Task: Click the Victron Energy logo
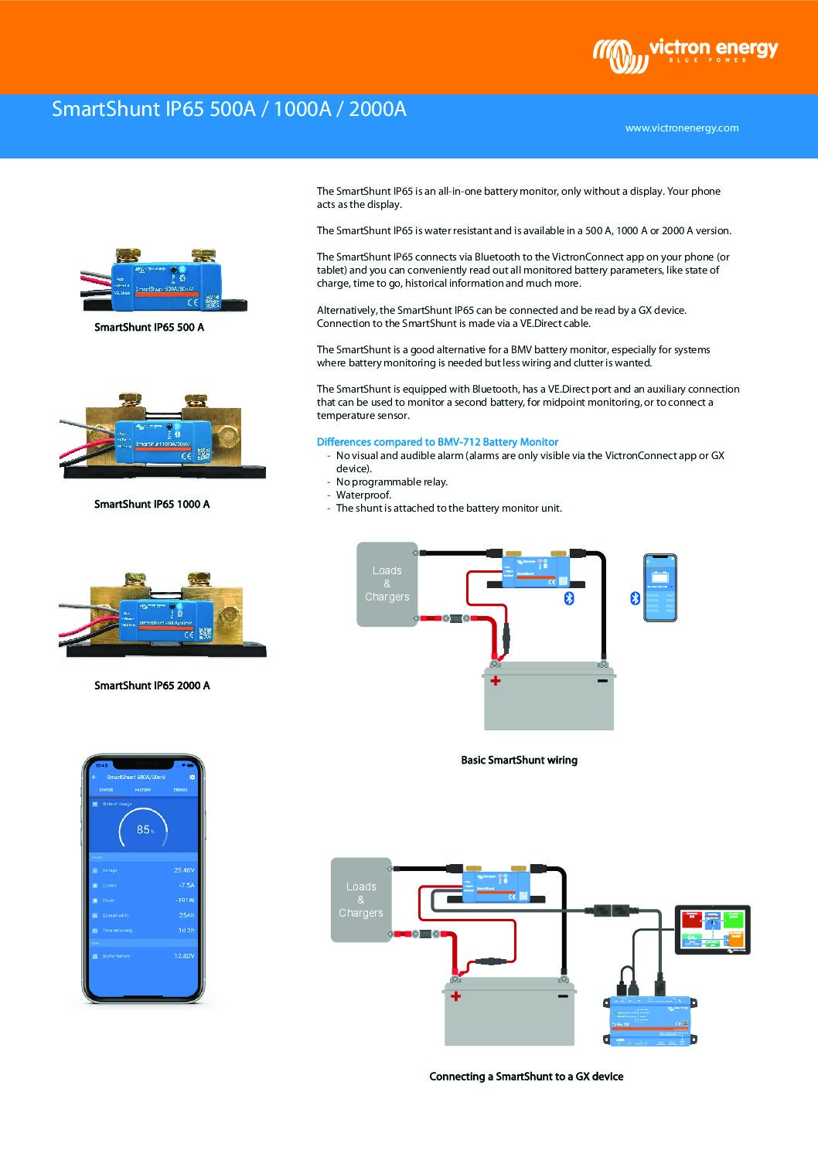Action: click(685, 55)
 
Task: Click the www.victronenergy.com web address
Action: click(681, 128)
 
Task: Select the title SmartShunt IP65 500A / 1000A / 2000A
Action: click(229, 109)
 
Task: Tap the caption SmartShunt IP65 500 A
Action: click(149, 328)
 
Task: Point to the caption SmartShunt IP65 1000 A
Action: click(152, 505)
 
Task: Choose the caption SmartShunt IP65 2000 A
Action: click(152, 686)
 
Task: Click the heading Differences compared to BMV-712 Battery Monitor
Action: click(437, 442)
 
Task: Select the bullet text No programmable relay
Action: click(391, 482)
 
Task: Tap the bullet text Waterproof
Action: click(363, 495)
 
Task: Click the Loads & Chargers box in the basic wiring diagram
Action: click(387, 584)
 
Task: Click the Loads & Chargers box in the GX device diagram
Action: click(360, 900)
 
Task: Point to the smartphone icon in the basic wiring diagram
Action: click(660, 587)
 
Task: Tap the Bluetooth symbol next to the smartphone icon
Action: click(636, 598)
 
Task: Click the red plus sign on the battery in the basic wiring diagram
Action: click(495, 681)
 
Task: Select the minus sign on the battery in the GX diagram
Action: click(563, 997)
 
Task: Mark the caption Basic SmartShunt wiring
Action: click(519, 761)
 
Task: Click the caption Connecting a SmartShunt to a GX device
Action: click(526, 1077)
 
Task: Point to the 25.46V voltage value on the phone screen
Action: click(184, 870)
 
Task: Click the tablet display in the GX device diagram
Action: click(712, 930)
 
